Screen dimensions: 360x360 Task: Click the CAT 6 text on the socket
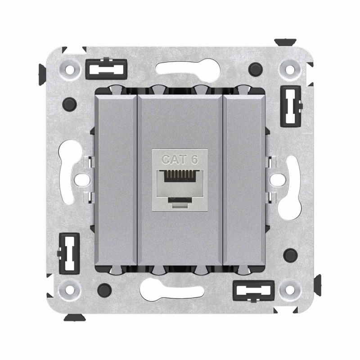180,159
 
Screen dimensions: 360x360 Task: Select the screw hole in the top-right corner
290,68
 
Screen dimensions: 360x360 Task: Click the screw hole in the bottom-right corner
290,289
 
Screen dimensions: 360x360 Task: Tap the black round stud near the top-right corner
256,69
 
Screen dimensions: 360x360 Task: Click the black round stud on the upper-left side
70,104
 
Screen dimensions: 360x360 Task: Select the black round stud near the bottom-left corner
104,290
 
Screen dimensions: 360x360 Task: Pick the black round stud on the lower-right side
290,255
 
